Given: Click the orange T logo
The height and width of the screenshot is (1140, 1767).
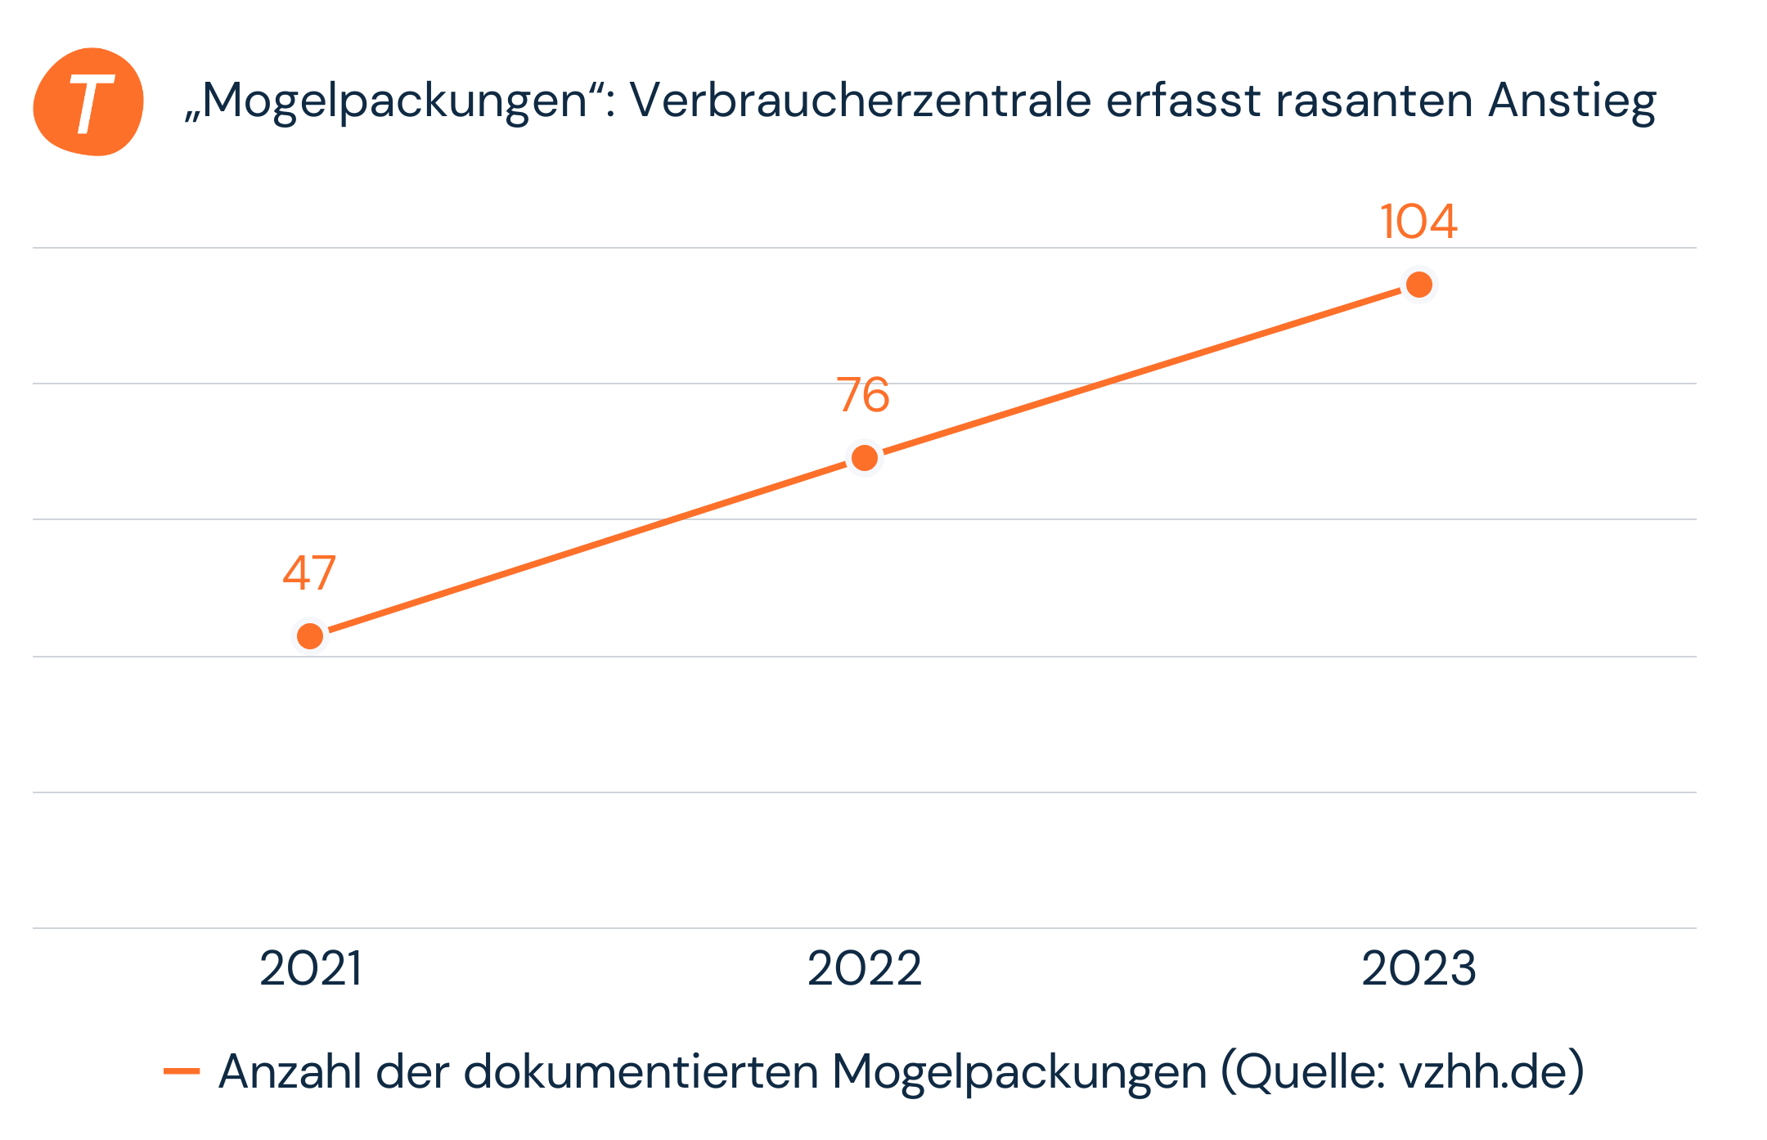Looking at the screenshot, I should coord(88,102).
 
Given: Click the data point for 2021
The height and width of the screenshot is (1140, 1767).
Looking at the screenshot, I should coord(310,635).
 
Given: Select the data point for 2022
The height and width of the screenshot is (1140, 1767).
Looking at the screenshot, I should coord(865,458).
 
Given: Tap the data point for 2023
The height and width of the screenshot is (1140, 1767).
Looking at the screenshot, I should coord(1419,285).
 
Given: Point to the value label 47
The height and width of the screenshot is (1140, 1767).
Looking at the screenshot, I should coord(309,573).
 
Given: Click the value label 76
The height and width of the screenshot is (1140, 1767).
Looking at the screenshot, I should coord(863,396).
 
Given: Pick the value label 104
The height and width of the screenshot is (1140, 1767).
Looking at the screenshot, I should coord(1419,222).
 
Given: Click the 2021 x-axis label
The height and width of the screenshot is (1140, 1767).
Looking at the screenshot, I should coord(311,969).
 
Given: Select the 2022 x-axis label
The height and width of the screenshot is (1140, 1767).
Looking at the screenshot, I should coord(865,969).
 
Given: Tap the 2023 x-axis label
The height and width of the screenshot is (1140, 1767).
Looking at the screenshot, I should coord(1419,969).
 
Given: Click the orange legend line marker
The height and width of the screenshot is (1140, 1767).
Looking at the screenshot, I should coord(182,1070).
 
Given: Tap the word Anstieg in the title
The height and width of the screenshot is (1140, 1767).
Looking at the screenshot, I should coord(1572,102).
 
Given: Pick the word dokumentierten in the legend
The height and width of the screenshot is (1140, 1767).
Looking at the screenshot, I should coord(641,1071).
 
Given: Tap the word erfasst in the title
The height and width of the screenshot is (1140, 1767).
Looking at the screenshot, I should coord(1183,101).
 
